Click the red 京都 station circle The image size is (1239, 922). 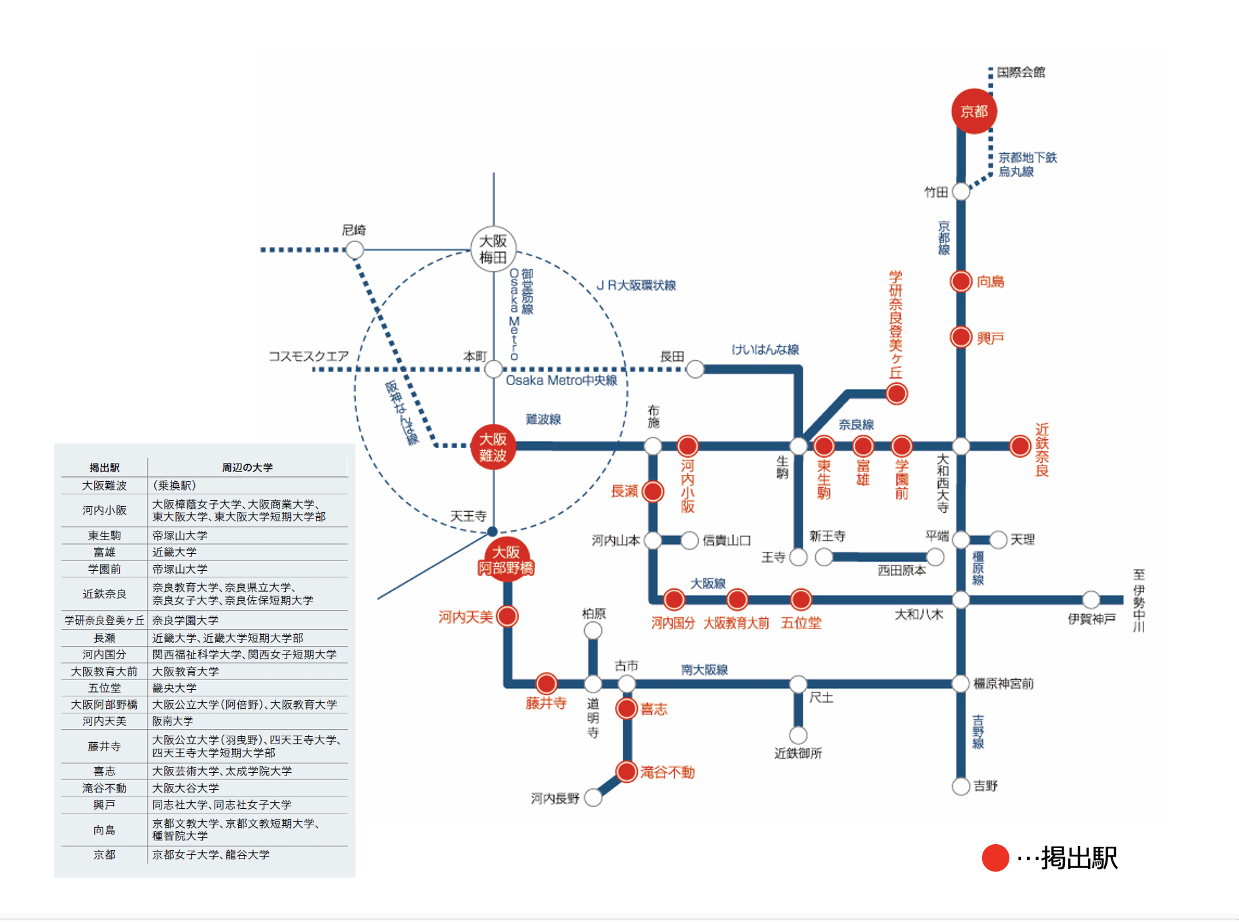tap(973, 111)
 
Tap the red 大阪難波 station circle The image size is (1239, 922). tap(493, 447)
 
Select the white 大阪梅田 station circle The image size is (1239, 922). tap(493, 249)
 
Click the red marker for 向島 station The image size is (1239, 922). tap(960, 282)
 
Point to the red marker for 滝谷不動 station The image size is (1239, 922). tap(627, 772)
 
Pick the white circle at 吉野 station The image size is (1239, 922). tap(960, 786)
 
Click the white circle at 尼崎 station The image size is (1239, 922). tap(355, 249)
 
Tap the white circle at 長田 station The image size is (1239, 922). tap(695, 369)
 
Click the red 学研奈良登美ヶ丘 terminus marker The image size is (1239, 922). tap(896, 394)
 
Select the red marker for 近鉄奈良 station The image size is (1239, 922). tap(1020, 446)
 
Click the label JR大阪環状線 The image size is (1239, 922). tap(636, 285)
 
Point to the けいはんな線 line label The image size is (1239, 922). tap(765, 349)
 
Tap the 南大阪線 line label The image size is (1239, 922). tap(704, 670)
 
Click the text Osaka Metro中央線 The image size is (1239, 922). tap(561, 381)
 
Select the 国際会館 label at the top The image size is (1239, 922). tap(1021, 72)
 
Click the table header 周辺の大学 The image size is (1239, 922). tap(247, 468)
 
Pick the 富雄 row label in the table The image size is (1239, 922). tap(104, 553)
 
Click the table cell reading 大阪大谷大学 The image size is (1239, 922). tap(186, 788)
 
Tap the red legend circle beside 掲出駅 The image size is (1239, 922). tap(995, 858)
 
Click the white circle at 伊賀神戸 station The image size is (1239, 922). tap(1091, 600)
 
